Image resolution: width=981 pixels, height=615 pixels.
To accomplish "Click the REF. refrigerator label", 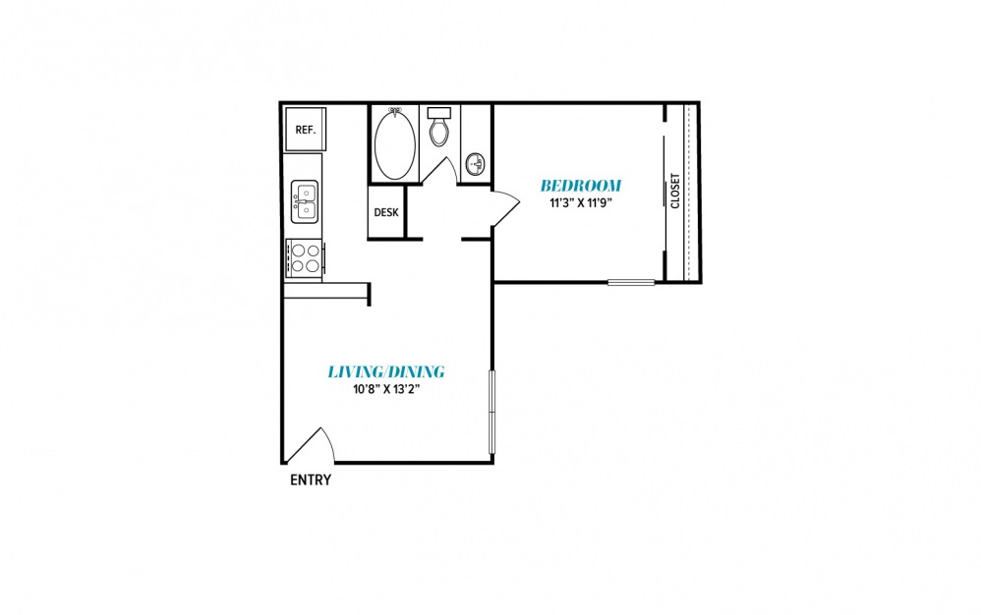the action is point(306,130).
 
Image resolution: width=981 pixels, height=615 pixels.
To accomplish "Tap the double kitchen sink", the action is point(305,201).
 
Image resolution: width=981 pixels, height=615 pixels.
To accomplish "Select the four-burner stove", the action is point(306,258).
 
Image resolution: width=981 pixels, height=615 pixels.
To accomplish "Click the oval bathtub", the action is point(395,143).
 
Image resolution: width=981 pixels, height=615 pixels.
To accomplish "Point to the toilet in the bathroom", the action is point(439,127).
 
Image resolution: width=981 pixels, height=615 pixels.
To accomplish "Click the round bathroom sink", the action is point(477,165).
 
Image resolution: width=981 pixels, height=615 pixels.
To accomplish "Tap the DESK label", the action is point(386,212).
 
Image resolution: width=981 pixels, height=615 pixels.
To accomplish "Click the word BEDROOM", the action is point(581,186).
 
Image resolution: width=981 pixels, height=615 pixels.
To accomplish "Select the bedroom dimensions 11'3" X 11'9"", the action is point(580,202).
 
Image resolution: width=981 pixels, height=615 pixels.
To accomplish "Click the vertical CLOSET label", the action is point(675,191).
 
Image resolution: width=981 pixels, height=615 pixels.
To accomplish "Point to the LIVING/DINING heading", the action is point(386,372).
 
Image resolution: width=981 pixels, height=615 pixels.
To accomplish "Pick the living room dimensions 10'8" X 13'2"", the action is point(386,389).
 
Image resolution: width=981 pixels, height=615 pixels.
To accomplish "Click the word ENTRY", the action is point(311,480).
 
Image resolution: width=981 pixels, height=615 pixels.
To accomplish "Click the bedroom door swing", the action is point(505,206).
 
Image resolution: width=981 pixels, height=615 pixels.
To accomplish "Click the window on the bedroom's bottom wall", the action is point(631,283).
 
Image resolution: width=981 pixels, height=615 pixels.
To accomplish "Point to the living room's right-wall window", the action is point(491,412).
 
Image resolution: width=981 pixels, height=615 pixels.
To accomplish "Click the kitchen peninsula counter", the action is point(326,291).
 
